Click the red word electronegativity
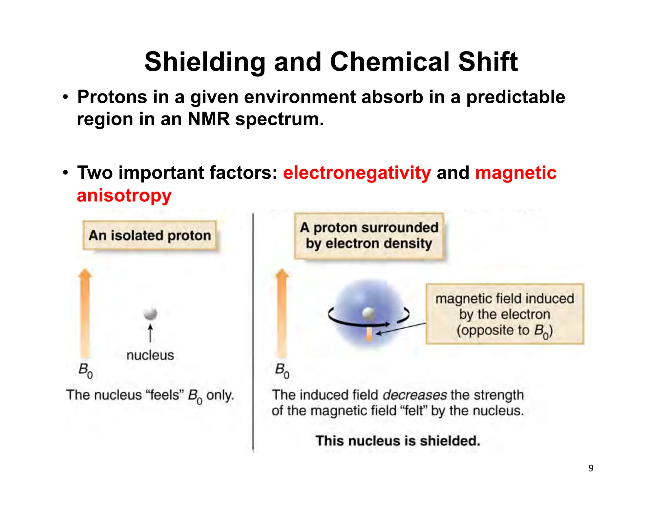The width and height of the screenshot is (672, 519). [x=357, y=173]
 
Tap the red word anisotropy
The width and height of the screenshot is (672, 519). [x=124, y=196]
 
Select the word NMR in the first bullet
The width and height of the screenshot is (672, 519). [x=209, y=119]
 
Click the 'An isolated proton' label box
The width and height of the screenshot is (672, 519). [x=150, y=236]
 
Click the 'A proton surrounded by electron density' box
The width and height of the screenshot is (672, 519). [x=369, y=236]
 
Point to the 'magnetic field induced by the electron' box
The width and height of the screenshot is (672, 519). [x=505, y=314]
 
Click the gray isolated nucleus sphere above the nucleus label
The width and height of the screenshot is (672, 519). [x=151, y=313]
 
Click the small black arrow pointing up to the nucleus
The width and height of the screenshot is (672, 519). [x=150, y=333]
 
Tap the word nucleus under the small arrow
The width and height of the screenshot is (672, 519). [x=150, y=355]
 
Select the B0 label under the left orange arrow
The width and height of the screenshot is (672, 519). [x=85, y=371]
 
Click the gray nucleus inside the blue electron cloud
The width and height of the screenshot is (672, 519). [x=369, y=313]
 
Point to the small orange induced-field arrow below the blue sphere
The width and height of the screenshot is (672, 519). [x=369, y=335]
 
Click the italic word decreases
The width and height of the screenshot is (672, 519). [x=415, y=395]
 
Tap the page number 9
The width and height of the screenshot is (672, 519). [x=591, y=468]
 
